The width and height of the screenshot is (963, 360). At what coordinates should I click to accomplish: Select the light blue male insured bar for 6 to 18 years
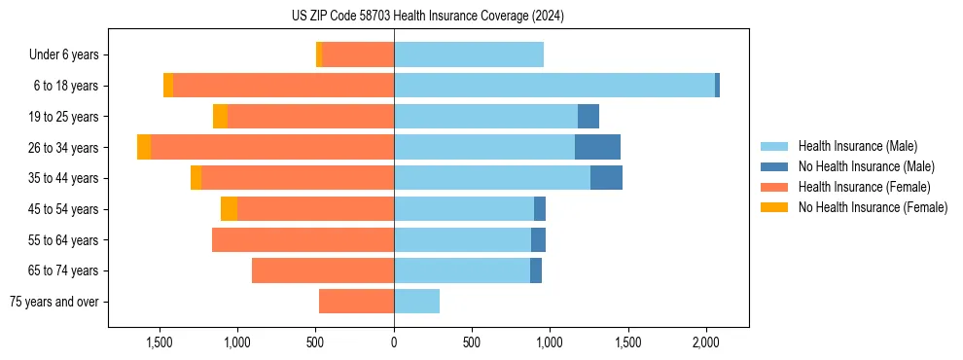click(554, 86)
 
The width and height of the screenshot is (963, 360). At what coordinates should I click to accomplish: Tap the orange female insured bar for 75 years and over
click(356, 302)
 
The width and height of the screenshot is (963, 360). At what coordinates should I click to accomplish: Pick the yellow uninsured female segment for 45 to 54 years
click(229, 209)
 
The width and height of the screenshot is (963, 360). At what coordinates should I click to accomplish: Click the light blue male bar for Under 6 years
click(468, 54)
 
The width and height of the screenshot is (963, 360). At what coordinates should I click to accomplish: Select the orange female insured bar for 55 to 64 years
click(303, 239)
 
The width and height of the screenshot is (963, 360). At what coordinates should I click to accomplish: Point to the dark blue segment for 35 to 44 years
click(606, 178)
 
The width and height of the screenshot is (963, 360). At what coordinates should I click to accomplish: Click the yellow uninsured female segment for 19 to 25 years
click(220, 117)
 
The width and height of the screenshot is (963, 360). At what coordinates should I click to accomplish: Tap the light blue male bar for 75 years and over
click(416, 302)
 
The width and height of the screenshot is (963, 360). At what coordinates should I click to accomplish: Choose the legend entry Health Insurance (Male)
click(857, 146)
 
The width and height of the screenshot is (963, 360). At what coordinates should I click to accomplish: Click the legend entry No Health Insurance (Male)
click(866, 166)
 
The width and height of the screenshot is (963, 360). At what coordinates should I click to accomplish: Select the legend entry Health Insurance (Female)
click(864, 187)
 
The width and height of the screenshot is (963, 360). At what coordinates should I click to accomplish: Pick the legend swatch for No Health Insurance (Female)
click(775, 207)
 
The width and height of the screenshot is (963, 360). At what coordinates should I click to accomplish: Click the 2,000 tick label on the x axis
click(706, 343)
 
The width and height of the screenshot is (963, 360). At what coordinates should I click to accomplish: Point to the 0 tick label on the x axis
click(394, 343)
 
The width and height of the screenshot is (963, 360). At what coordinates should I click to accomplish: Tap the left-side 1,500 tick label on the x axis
click(160, 343)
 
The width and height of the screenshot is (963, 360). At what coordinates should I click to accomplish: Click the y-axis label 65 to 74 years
click(65, 270)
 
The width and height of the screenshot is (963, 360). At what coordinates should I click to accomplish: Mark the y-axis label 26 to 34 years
click(65, 147)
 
